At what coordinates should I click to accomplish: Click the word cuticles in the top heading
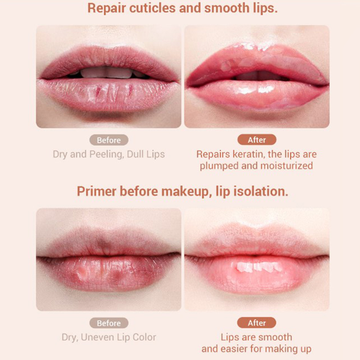[153, 8]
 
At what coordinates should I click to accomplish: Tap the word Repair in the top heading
[107, 9]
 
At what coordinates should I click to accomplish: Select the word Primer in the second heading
[96, 191]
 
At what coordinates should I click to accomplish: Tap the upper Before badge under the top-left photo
[109, 140]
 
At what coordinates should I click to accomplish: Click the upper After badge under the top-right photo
[256, 139]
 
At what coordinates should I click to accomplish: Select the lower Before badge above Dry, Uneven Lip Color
[109, 323]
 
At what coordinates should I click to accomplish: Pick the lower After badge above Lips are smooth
[256, 323]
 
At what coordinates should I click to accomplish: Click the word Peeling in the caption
[106, 154]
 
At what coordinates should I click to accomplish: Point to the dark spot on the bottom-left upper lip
[103, 244]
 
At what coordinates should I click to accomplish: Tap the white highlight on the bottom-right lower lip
[260, 267]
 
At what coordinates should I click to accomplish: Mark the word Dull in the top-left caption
[135, 154]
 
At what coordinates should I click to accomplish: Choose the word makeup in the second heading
[186, 192]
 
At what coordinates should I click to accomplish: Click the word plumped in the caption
[219, 166]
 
